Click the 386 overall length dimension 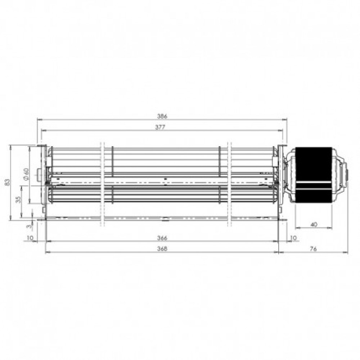(x=162, y=116)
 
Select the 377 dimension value (x=160, y=127)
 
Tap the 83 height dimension (x=8, y=183)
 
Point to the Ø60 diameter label (x=26, y=174)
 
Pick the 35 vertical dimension (x=18, y=199)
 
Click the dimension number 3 (x=28, y=226)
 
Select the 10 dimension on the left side (x=30, y=238)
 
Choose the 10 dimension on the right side (x=293, y=238)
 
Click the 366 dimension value (x=162, y=238)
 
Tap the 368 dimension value (x=162, y=248)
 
